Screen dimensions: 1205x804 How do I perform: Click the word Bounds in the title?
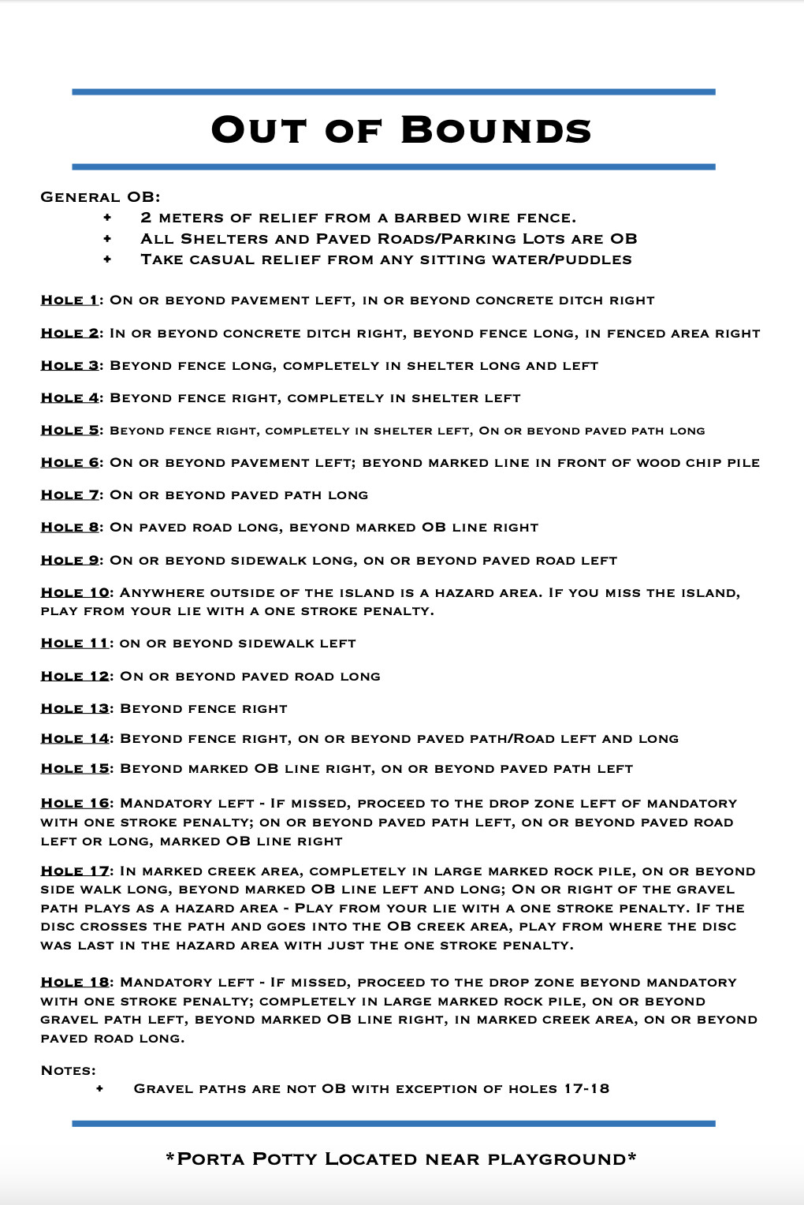tap(496, 130)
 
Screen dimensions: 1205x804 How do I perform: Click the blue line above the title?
tap(393, 92)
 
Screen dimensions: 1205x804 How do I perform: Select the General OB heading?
tap(100, 197)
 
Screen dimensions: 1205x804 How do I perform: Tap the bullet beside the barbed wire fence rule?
tap(107, 218)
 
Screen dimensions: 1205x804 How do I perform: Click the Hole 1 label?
tap(69, 300)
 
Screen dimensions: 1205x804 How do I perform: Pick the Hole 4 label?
tap(70, 398)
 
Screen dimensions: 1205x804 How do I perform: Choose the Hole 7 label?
tap(70, 495)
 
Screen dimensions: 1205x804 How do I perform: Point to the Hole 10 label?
tap(75, 593)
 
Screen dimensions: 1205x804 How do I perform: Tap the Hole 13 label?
tap(75, 709)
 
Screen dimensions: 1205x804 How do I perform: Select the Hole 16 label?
tap(75, 804)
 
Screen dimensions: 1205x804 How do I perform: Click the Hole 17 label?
tap(75, 871)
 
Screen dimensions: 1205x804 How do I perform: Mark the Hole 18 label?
tap(75, 983)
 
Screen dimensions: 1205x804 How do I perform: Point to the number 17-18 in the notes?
tap(586, 1089)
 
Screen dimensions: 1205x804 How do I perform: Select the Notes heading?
tap(68, 1071)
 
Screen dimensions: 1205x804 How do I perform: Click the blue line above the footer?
tap(393, 1123)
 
